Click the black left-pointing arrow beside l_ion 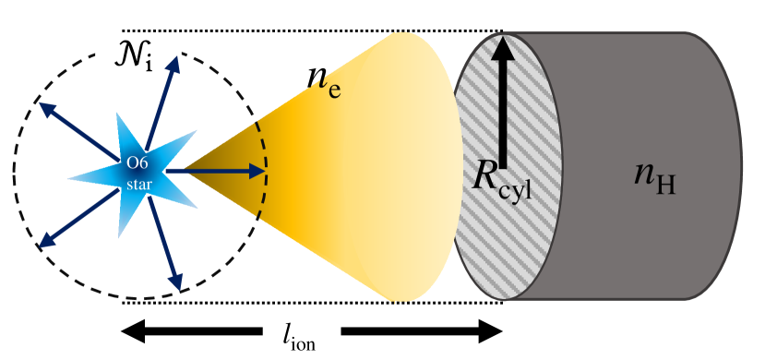pyautogui.click(x=193, y=330)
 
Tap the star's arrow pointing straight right pyautogui.click(x=221, y=171)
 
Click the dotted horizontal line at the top pyautogui.click(x=305, y=30)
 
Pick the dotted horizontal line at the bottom pyautogui.click(x=305, y=302)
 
